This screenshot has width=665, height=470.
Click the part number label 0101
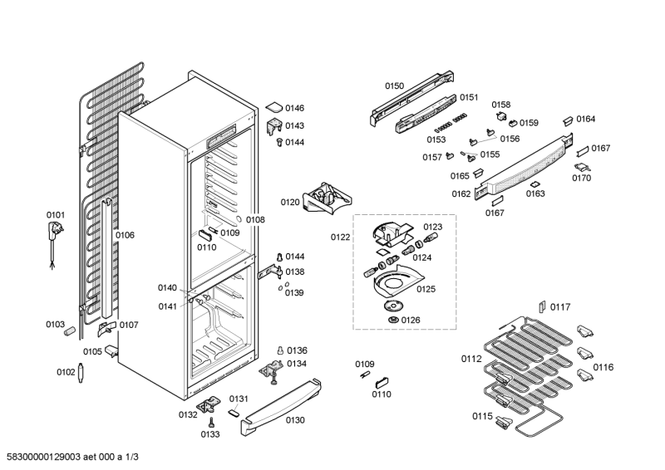point(55,215)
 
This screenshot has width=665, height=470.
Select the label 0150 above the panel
point(394,86)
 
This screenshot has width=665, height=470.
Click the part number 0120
point(290,202)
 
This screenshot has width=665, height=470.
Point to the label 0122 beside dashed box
point(341,237)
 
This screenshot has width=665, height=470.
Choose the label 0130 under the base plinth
point(296,420)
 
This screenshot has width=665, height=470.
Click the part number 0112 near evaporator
point(471,360)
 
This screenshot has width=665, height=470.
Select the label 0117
point(561,307)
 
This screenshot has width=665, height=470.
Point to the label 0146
point(295,109)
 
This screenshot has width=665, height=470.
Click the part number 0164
point(586,119)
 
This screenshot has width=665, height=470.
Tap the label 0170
point(582,178)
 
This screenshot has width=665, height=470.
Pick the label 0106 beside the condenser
point(125,236)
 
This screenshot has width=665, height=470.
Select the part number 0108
point(255,220)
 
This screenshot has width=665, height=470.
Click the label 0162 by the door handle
point(461,194)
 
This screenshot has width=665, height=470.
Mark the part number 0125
point(426,289)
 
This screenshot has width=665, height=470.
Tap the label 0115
point(482,416)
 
